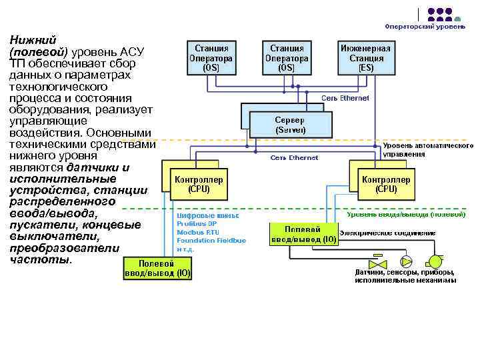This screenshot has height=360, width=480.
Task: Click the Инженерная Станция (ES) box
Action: (x=366, y=58)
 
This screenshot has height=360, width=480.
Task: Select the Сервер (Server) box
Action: (x=289, y=125)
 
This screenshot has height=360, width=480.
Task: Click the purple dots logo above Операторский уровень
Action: (x=439, y=14)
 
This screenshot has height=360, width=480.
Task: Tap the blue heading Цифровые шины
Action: (x=207, y=216)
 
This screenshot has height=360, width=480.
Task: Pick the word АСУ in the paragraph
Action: (x=121, y=51)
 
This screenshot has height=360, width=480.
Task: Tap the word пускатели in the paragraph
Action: (x=39, y=225)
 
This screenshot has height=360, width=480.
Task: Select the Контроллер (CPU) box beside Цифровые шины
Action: (x=199, y=185)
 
